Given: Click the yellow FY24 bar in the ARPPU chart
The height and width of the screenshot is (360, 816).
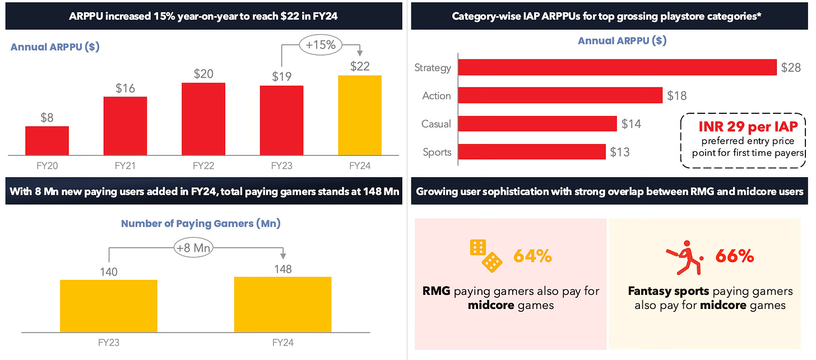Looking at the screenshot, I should (x=360, y=115).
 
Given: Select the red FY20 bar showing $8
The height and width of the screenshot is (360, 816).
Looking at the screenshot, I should (x=47, y=141).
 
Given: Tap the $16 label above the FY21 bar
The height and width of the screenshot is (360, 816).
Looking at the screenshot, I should (x=125, y=88).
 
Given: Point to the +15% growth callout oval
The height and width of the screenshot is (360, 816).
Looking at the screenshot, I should (x=321, y=45).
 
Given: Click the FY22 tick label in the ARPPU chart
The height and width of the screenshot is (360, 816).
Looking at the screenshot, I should (x=203, y=166).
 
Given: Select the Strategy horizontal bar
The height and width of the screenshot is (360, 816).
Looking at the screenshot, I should (x=617, y=68).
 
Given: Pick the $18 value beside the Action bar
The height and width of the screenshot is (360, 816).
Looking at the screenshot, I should (x=677, y=96).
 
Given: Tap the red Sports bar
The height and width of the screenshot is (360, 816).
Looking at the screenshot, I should (x=532, y=152).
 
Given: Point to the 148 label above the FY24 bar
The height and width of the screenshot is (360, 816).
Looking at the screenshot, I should (x=283, y=269).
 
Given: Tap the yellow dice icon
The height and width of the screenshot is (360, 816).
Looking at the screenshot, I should (x=485, y=256).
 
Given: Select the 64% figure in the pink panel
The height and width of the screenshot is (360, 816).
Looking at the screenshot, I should (x=533, y=256).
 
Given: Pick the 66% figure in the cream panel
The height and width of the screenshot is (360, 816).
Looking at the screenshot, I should (x=735, y=256).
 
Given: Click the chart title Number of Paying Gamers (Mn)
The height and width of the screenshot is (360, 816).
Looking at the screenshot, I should (x=201, y=224).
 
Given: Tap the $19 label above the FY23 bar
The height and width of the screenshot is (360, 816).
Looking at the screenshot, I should (x=281, y=77).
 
